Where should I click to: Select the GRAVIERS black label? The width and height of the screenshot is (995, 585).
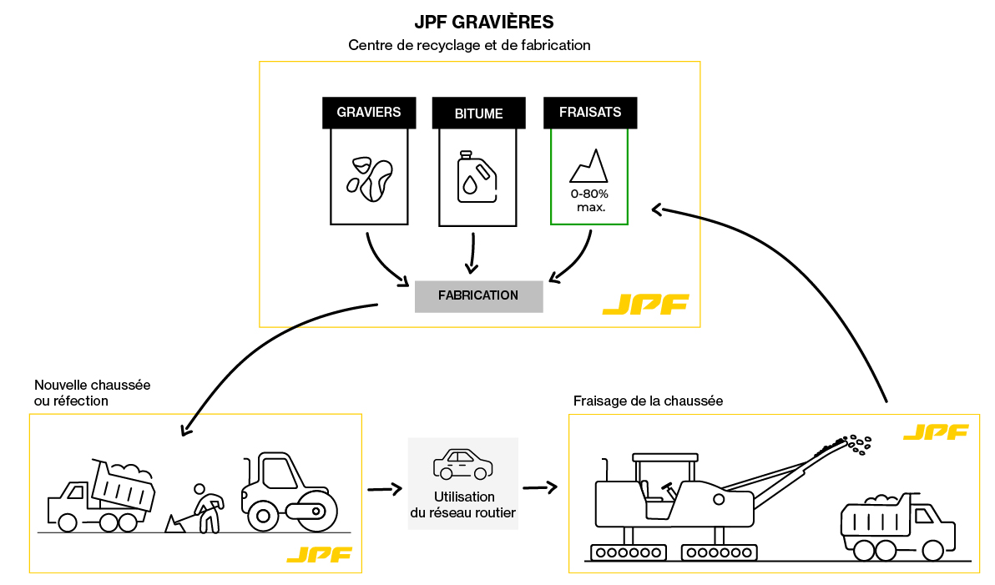tap(368, 113)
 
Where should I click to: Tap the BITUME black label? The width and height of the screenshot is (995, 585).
tap(479, 113)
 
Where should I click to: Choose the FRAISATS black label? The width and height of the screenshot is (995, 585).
tap(589, 113)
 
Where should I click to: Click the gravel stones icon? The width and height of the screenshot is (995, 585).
tap(369, 178)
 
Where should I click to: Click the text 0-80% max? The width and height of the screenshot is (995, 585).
tap(589, 200)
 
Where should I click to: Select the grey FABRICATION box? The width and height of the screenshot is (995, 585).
tap(478, 295)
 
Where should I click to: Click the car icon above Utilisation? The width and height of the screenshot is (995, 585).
tap(462, 464)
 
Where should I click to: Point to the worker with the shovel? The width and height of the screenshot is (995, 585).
tap(205, 507)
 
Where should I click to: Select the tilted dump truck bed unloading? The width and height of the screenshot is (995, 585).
tap(124, 486)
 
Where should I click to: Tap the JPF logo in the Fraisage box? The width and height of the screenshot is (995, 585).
tap(935, 432)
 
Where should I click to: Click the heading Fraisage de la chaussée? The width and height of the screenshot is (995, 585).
tap(648, 401)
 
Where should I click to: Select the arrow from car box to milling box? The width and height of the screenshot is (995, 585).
tap(540, 487)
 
